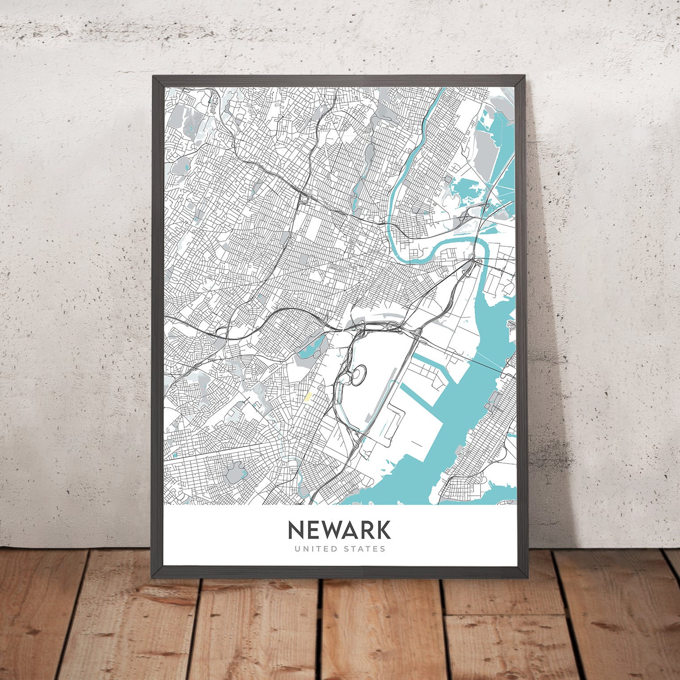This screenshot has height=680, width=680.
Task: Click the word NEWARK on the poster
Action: coord(339,530)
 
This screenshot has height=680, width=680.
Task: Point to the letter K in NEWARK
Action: coord(383,530)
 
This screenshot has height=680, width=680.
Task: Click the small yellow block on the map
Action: coord(308,396)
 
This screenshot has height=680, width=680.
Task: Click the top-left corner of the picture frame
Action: coord(153,76)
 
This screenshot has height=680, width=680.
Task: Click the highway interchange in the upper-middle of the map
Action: coord(304,198)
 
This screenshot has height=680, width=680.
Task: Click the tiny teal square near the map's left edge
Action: coord(175,455)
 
